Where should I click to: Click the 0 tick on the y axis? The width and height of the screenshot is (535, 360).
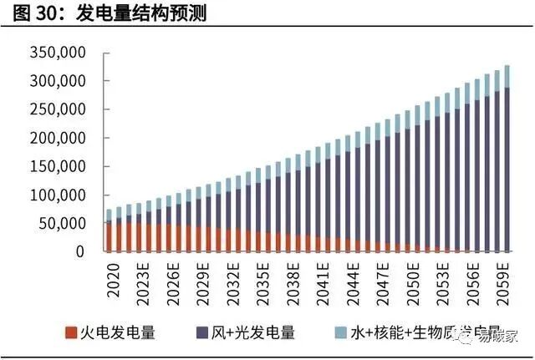tap(80, 251)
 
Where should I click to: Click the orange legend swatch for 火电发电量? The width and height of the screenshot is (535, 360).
tap(71, 333)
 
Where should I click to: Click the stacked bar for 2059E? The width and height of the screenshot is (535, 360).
tap(507, 167)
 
